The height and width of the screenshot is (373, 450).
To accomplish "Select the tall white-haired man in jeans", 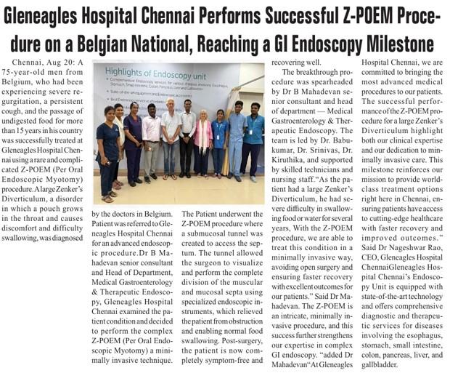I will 171,142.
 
